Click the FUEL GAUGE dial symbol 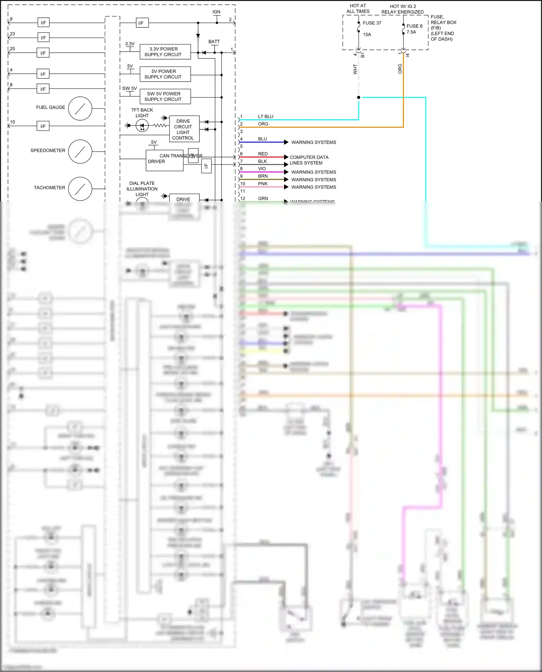(80, 108)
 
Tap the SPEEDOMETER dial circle (80, 152)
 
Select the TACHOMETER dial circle (80, 188)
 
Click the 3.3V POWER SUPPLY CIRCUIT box (165, 52)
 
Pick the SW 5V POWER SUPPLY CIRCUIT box (165, 96)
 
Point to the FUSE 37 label (372, 23)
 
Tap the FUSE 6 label (414, 26)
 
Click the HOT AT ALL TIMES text (358, 9)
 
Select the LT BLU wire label (266, 117)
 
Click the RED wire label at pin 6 (263, 154)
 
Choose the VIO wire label (262, 169)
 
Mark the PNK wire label (263, 184)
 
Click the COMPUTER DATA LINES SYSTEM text (309, 160)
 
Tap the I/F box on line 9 (43, 23)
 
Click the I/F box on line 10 (43, 126)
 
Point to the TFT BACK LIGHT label (142, 113)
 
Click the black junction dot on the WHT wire (358, 97)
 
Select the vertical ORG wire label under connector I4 (400, 69)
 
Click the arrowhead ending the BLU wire (286, 142)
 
